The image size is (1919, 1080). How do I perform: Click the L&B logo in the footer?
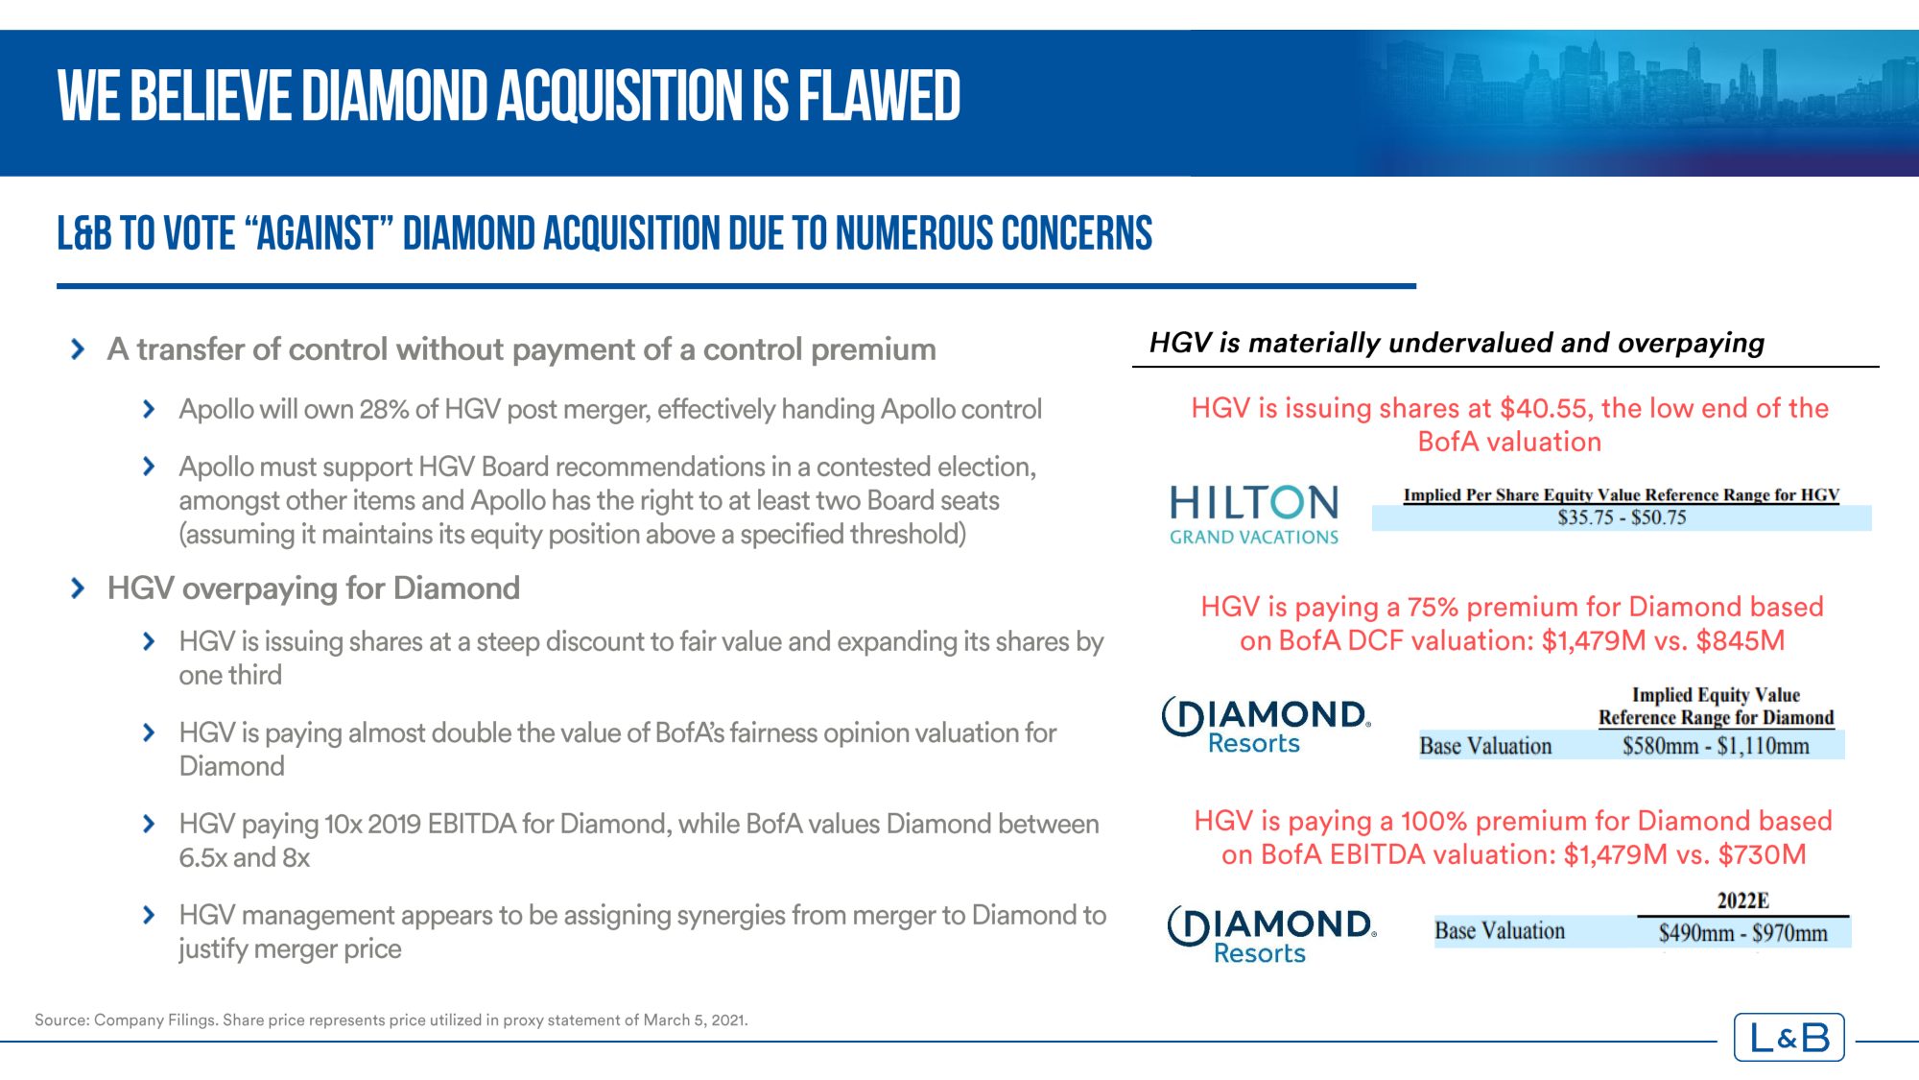pos(1789,1037)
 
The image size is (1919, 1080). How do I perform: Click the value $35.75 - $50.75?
pos(1622,517)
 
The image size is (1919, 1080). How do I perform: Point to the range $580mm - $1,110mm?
pos(1716,746)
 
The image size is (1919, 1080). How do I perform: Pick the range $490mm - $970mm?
pos(1742,932)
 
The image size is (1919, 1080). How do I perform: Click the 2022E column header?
pos(1742,900)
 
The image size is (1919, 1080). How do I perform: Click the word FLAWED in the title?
pos(879,96)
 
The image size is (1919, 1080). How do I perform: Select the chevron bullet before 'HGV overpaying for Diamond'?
pos(78,588)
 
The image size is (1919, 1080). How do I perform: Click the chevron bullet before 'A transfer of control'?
pos(78,348)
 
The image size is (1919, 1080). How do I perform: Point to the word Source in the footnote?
pos(60,1020)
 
